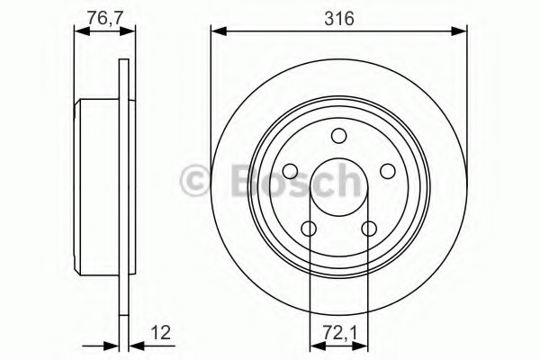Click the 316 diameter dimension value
click(x=339, y=18)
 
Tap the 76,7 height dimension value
click(x=104, y=18)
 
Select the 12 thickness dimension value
click(x=160, y=333)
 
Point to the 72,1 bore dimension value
click(x=339, y=333)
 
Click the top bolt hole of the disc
click(x=339, y=135)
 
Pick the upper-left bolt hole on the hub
click(x=291, y=171)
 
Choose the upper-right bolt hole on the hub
click(x=387, y=171)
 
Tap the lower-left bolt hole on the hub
click(x=309, y=228)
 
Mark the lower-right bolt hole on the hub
click(x=369, y=228)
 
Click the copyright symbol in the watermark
click(x=194, y=181)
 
